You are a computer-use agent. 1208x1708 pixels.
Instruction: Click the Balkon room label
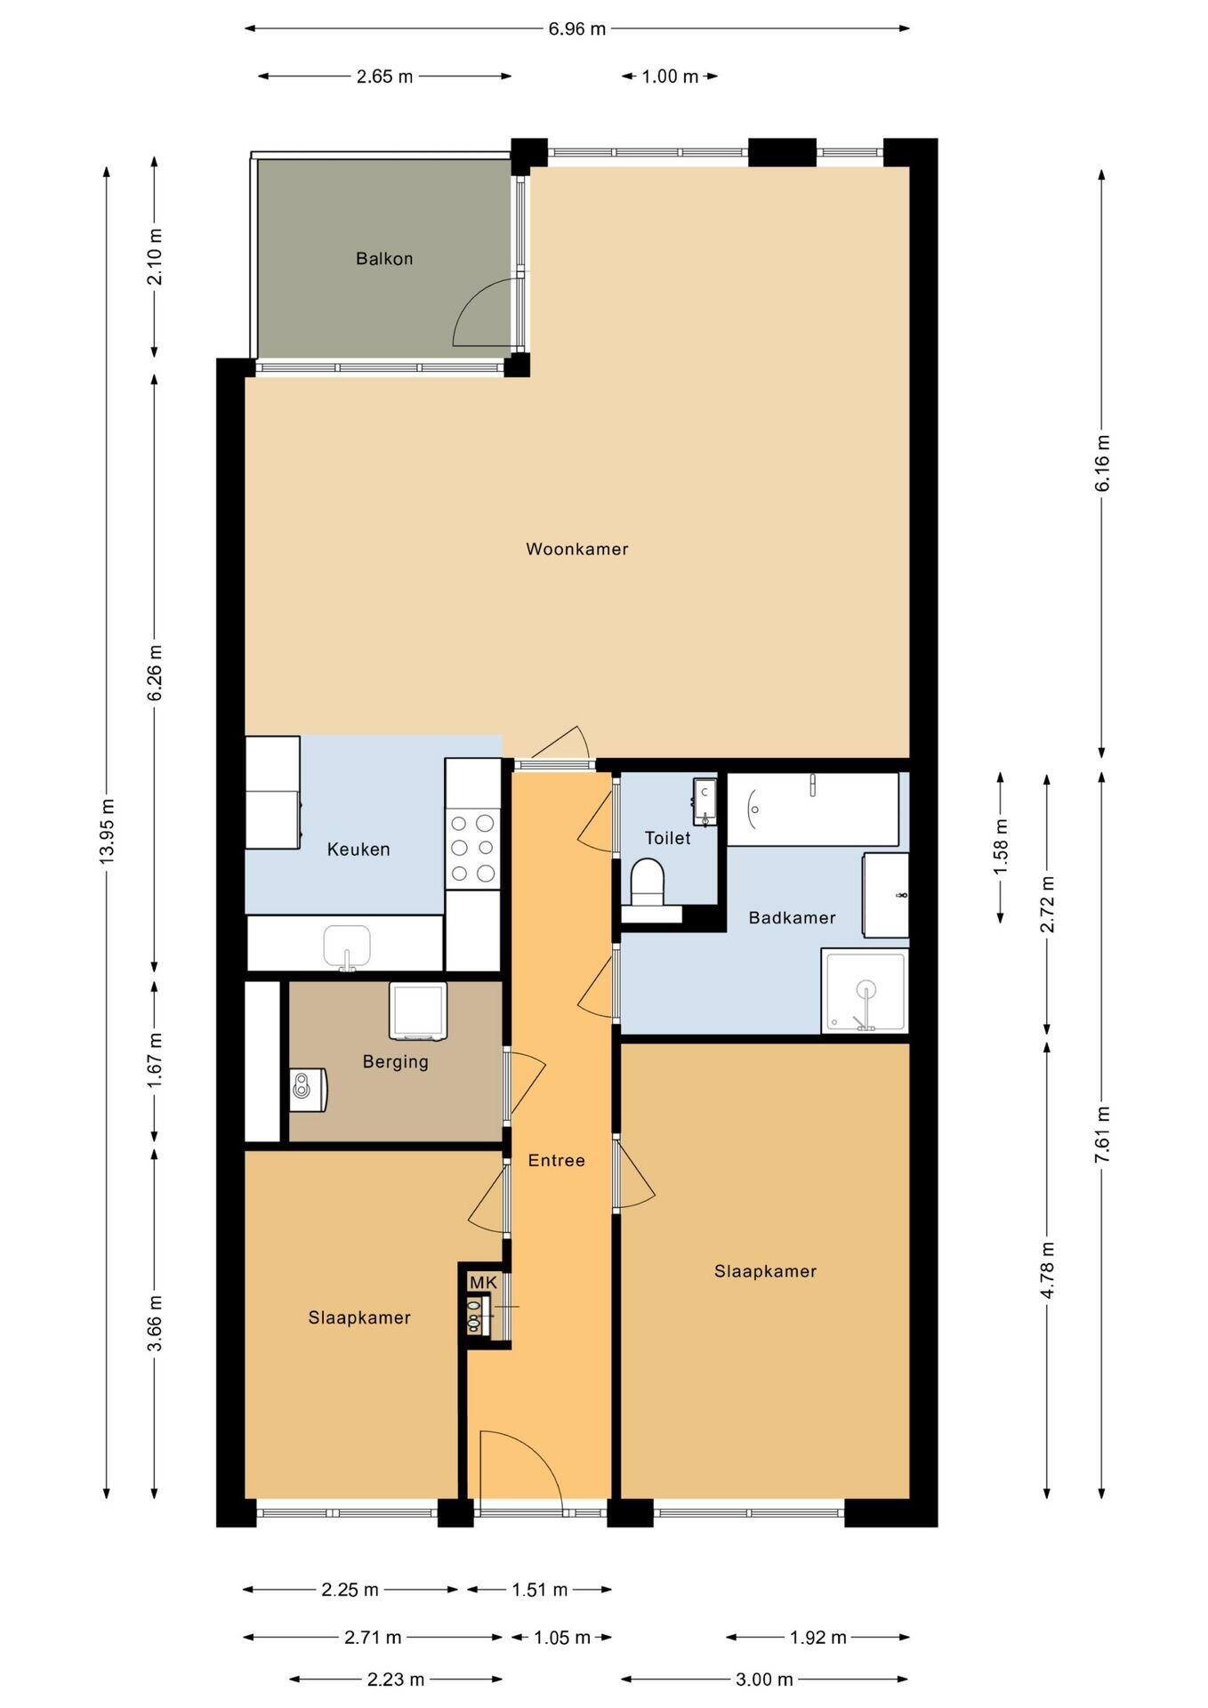pos(384,259)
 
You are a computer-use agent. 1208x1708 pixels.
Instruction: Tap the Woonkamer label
pos(577,549)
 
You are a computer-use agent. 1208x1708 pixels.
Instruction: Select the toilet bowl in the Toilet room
pos(648,882)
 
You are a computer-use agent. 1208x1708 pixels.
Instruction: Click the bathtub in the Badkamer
pos(813,810)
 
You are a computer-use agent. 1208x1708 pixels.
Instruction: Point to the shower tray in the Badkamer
pos(866,991)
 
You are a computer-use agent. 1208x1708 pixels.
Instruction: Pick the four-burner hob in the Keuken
pos(473,848)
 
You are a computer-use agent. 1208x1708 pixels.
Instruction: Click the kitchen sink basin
pos(347,947)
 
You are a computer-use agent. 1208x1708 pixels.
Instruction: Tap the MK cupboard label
pos(483,1282)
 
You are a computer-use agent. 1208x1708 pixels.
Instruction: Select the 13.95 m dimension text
pos(107,831)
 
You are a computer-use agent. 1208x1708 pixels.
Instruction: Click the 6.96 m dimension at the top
pos(576,28)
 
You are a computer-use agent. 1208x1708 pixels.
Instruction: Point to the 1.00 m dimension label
pos(670,77)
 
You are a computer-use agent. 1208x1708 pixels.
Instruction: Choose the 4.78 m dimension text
pos(1047,1269)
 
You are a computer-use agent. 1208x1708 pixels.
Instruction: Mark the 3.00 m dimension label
pos(764,1680)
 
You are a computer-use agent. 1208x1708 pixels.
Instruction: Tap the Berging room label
pos(396,1061)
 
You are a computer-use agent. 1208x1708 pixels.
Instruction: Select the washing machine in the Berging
pos(417,1011)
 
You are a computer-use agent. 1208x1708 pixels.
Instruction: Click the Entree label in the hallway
pos(557,1160)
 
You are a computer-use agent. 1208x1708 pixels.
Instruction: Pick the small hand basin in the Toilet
pos(705,798)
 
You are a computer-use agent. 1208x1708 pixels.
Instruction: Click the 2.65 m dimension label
pos(384,77)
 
